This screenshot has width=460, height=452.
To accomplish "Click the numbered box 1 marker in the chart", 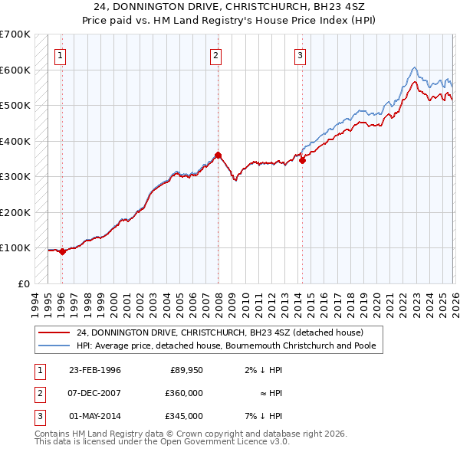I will click(x=60, y=54).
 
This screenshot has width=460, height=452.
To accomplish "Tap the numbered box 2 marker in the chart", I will click(x=216, y=54).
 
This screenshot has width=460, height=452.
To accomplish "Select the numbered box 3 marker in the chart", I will click(x=300, y=54).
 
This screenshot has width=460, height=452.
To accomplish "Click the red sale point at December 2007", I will click(x=219, y=156).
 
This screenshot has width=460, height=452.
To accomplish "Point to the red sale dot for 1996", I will click(x=62, y=251).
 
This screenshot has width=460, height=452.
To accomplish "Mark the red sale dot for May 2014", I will click(x=303, y=161).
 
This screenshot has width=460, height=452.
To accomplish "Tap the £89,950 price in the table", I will click(x=186, y=370).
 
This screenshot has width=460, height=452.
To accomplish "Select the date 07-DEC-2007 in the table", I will click(x=95, y=393).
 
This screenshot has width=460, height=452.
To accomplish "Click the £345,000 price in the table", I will click(x=184, y=416).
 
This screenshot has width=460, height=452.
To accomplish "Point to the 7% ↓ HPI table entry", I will click(x=266, y=416).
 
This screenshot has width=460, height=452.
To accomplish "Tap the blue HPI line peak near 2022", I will click(x=414, y=67).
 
